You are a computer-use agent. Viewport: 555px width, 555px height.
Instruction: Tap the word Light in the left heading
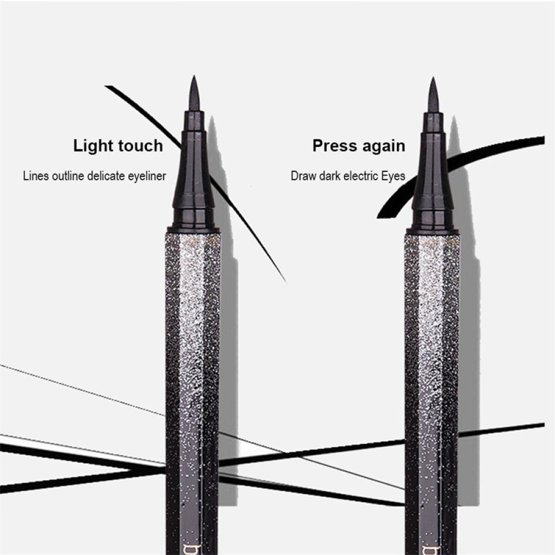(x=93, y=146)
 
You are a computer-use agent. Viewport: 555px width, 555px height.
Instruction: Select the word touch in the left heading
(x=139, y=146)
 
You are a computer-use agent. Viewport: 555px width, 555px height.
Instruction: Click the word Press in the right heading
(x=333, y=146)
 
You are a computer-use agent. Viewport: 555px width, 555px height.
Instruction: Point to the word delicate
(x=109, y=176)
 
